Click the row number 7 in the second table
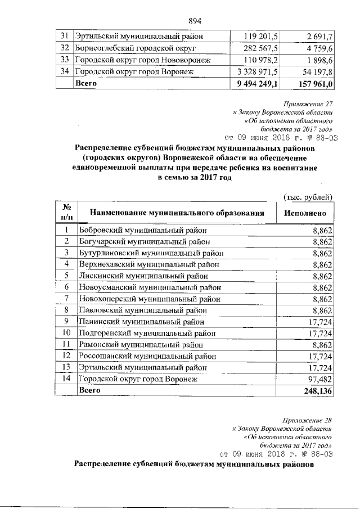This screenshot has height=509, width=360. click(66, 298)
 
